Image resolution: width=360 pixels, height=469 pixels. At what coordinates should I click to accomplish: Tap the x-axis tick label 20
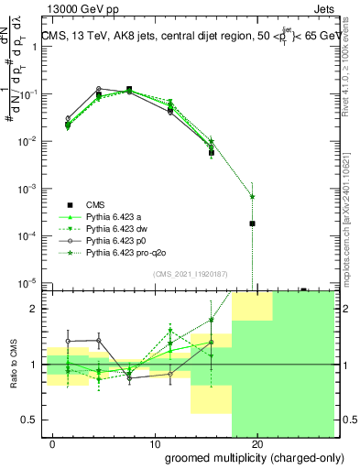point(257,444)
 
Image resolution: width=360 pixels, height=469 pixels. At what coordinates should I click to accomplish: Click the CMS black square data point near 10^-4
point(252,224)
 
